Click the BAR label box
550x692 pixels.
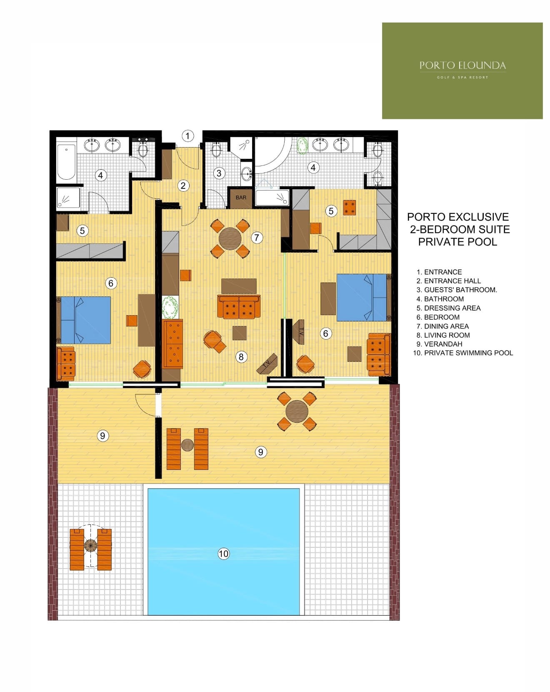241,198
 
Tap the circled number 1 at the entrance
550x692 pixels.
187,136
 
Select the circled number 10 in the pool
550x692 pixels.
224,554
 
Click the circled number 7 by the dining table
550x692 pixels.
257,238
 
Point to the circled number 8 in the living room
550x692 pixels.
241,357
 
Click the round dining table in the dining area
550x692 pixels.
230,238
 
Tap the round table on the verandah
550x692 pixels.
297,411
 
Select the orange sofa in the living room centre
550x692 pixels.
239,307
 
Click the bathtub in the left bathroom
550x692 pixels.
66,162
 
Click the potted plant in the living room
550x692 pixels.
170,307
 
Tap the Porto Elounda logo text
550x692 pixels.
462,65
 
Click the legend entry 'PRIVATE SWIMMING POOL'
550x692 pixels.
468,353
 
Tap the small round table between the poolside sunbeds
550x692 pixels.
90,545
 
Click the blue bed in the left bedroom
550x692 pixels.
86,320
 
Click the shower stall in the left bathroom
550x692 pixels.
68,197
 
